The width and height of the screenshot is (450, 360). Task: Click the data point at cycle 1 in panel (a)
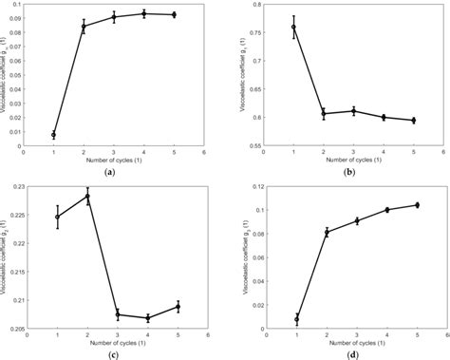53,135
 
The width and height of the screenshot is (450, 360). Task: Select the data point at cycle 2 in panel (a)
84,27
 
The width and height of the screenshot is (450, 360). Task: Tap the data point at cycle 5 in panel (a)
174,14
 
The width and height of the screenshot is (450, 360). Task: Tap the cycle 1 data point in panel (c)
57,217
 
